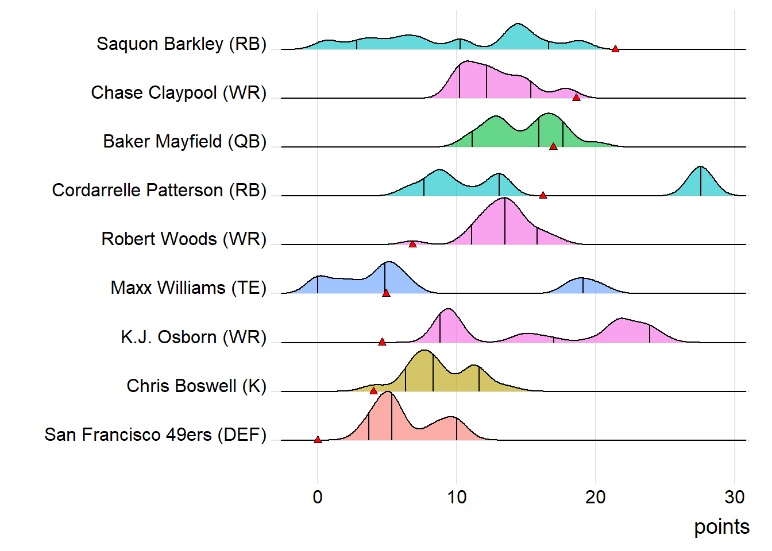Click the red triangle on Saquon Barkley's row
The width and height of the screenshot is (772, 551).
point(615,49)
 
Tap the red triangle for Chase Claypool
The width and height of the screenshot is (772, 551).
point(576,98)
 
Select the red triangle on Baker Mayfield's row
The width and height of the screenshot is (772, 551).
point(553,146)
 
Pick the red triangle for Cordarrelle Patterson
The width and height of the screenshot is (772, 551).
point(543,195)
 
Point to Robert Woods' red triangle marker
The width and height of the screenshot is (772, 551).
point(412,244)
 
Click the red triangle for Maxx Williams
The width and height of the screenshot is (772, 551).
point(386,293)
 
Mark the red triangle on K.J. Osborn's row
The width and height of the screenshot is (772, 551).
point(382,342)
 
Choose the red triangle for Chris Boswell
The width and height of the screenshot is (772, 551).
point(373,391)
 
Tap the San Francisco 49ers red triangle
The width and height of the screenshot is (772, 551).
point(318,440)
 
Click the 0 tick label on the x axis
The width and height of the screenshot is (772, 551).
point(318,497)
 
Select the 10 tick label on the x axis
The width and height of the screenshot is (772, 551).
point(457,497)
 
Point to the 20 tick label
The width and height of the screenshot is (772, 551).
point(596,497)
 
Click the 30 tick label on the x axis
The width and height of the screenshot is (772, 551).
point(735,497)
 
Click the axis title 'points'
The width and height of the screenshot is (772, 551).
point(721,527)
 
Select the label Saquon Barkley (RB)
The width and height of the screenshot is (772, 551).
point(182,44)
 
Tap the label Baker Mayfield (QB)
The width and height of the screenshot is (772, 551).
point(184,142)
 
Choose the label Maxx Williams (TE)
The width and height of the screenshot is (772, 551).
point(188,288)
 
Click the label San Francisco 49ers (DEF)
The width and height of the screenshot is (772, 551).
point(155,435)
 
